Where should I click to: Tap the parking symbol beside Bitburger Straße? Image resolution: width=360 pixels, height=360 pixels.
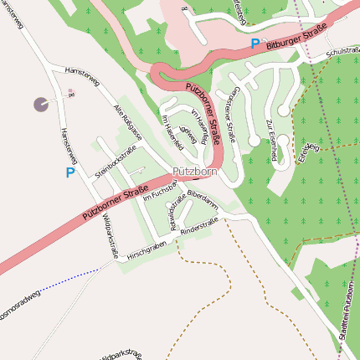[255, 43]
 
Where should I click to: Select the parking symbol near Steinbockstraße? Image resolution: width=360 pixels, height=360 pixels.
[70, 172]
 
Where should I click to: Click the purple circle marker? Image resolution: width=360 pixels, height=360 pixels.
[40, 104]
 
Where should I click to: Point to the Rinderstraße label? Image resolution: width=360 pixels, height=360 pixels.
[199, 224]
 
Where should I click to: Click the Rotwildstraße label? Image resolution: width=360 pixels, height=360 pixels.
[178, 212]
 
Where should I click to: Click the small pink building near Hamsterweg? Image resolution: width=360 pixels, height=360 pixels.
[70, 91]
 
